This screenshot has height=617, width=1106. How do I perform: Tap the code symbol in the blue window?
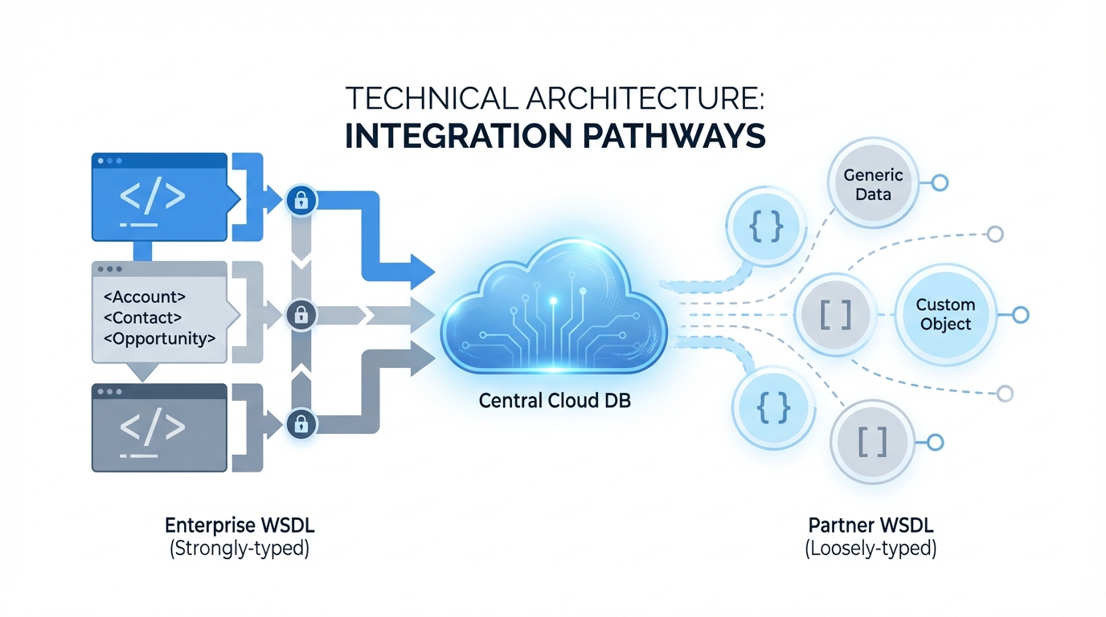[x=153, y=196]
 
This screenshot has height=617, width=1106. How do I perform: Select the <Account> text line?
[x=145, y=296]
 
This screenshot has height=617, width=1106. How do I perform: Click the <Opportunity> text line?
[x=160, y=338]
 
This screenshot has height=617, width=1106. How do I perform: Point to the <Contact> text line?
[x=143, y=317]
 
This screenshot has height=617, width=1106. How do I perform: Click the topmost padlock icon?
[x=301, y=200]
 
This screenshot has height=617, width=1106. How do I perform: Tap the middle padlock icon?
[x=301, y=313]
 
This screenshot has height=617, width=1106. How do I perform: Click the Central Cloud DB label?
[x=555, y=400]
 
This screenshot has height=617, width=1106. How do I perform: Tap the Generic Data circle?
[x=873, y=185]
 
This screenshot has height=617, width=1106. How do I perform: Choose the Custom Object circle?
[x=945, y=314]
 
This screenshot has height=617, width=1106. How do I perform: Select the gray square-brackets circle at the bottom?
[x=871, y=441]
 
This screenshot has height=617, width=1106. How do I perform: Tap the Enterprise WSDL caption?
[x=239, y=527]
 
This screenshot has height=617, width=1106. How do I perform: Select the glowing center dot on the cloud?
[x=553, y=300]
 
